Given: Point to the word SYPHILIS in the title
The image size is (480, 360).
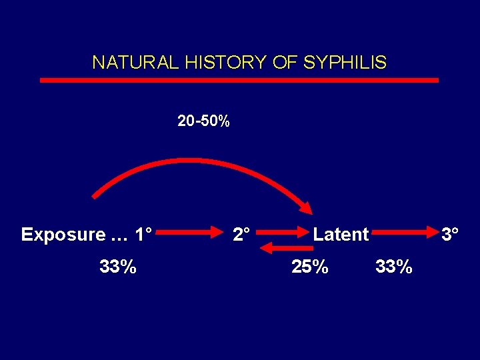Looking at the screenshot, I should point(345,63).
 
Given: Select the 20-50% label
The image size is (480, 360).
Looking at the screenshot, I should point(203,121).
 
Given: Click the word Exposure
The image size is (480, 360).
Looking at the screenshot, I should point(63,235).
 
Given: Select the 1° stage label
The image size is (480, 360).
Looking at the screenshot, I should point(143,235).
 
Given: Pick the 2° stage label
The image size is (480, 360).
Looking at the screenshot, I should point(241,235).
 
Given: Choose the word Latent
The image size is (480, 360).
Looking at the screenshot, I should point(341,235).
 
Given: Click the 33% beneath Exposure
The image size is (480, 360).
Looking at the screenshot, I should point(118,267).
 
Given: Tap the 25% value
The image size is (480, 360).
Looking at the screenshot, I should point(310,267).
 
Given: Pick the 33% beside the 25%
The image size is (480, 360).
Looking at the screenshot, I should point(394,267).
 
